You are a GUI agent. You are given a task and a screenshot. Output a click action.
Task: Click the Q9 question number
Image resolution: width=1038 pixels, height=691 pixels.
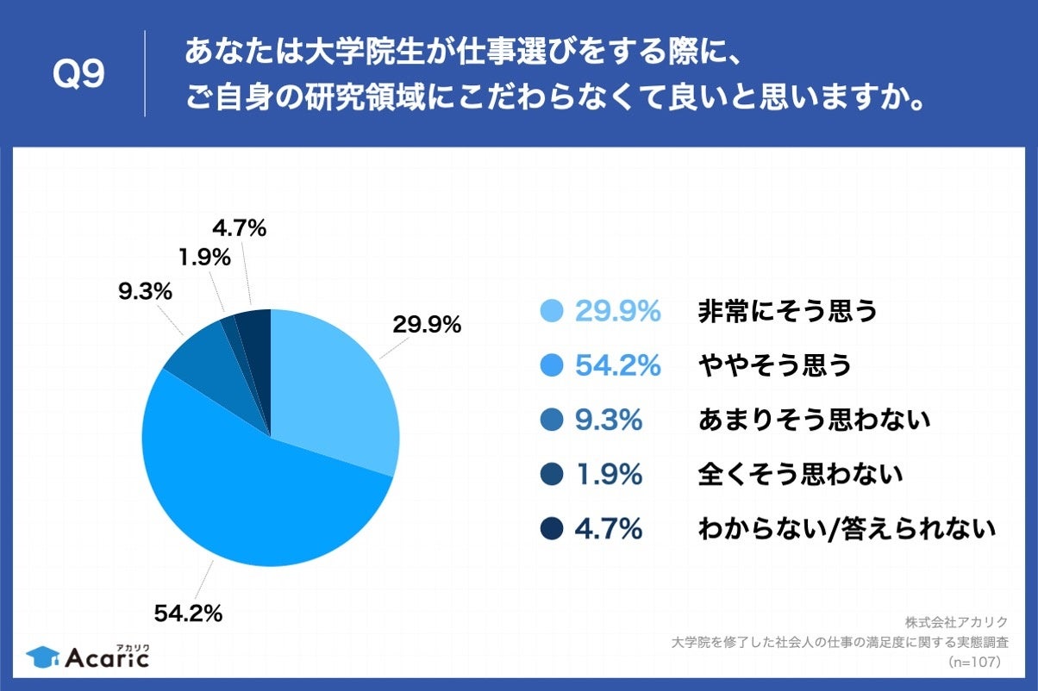78,75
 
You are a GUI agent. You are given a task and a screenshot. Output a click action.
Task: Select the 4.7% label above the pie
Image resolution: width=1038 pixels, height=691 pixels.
239,228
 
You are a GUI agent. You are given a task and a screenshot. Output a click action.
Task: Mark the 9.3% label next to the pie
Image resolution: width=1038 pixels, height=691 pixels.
145,292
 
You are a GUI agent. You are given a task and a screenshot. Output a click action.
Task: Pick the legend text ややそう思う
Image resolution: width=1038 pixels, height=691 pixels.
774,365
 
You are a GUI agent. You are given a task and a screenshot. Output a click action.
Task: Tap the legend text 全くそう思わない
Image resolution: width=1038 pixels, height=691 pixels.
800,473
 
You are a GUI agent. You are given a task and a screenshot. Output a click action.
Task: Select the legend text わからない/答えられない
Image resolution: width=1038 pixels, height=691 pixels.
847,527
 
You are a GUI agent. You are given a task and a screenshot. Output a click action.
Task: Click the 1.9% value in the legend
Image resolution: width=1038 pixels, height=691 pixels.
609,473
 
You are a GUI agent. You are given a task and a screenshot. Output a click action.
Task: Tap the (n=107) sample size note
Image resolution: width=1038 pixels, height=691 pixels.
974,662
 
